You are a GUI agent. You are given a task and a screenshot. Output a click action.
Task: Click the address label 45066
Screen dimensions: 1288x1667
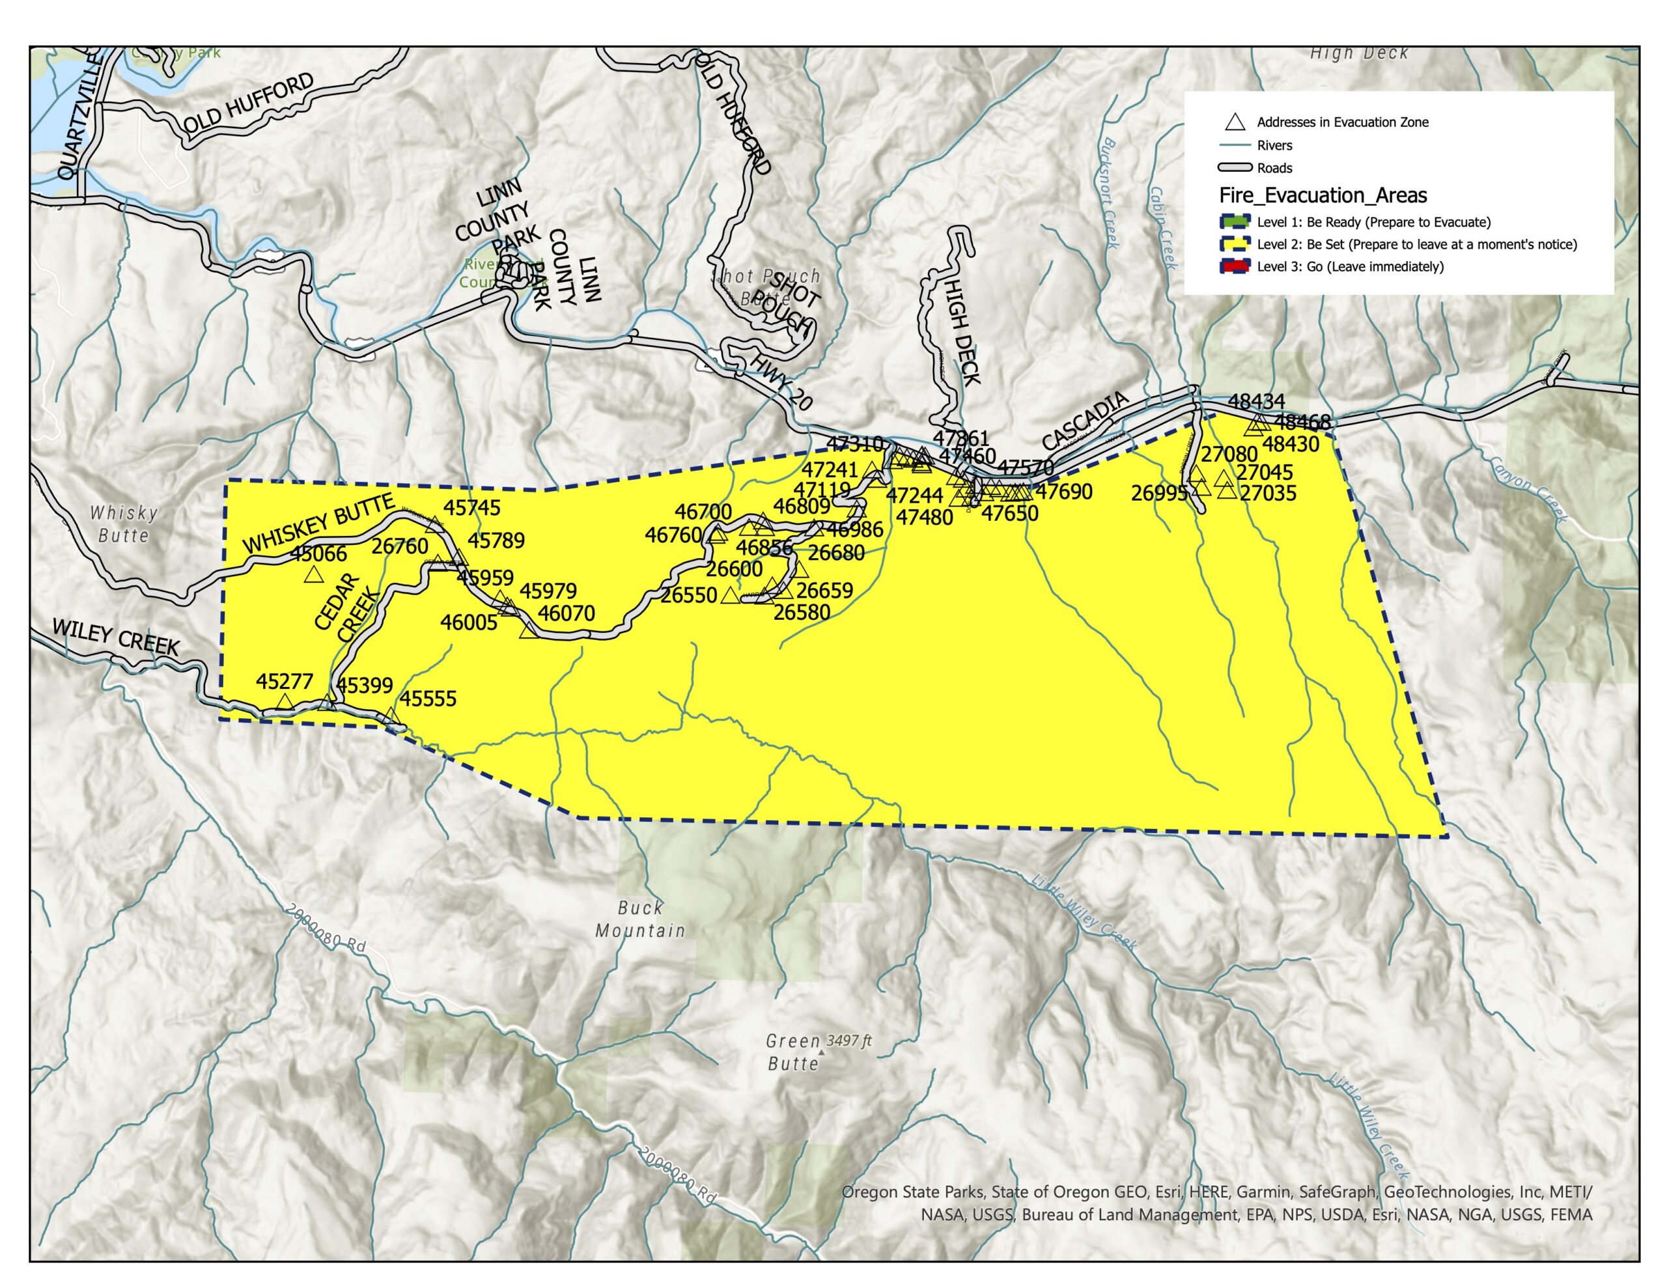(x=318, y=554)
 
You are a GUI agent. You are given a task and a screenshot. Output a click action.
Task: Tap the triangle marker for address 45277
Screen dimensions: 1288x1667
(x=284, y=702)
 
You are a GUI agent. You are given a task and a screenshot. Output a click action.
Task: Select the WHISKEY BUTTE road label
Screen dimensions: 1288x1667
(x=318, y=524)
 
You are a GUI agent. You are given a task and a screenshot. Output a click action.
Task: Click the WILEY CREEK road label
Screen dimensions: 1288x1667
(x=115, y=637)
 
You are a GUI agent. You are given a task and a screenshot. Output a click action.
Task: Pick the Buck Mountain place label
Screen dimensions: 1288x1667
(x=639, y=919)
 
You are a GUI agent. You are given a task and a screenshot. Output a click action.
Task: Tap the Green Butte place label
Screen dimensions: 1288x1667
(x=793, y=1052)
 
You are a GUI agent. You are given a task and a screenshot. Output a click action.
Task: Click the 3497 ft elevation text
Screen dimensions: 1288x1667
(x=848, y=1041)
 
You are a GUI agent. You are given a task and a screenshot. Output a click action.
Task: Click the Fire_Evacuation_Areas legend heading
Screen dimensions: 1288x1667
(x=1323, y=195)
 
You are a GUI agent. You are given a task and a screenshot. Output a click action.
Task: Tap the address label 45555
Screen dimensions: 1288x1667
(x=428, y=699)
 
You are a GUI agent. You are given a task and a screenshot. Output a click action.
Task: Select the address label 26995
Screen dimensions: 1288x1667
(x=1158, y=493)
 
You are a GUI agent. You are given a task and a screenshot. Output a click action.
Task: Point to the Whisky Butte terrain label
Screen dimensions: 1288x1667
(x=124, y=524)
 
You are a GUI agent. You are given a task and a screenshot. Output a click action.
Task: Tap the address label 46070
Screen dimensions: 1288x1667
(x=567, y=613)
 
